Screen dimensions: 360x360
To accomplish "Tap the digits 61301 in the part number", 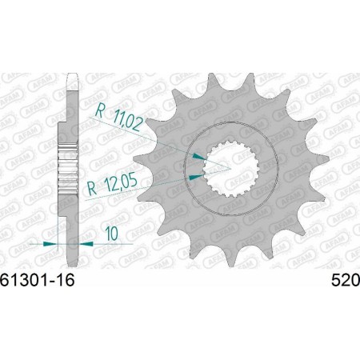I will click(x=26, y=281).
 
